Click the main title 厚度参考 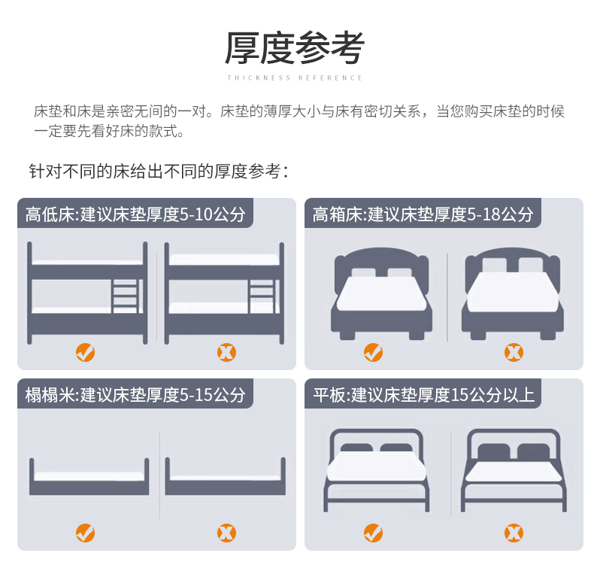(295, 48)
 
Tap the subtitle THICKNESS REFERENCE (295, 77)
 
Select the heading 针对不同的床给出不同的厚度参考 (159, 172)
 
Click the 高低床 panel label (135, 214)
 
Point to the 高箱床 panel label (423, 214)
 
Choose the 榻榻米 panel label (135, 394)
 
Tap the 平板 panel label (423, 394)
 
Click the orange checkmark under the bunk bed (85, 352)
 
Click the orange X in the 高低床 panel (226, 352)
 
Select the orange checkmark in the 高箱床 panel (373, 352)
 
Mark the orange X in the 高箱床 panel (514, 352)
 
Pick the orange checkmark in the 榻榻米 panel (85, 533)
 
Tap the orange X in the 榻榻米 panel (226, 533)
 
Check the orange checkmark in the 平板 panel (373, 533)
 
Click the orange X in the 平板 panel (514, 533)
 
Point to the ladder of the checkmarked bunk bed (126, 296)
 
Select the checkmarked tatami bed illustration (89, 476)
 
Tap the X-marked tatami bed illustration (226, 476)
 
